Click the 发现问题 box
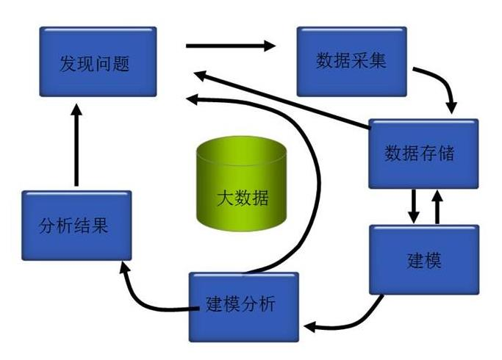98,62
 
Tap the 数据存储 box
423,154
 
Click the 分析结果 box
76,225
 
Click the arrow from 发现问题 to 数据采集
230,46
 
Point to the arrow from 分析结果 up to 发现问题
76,144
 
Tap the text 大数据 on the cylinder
242,197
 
